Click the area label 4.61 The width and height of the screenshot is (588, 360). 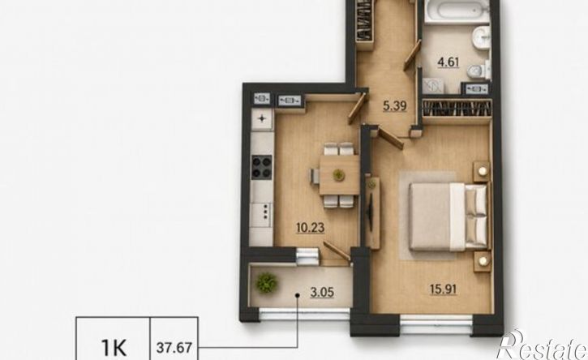(x=449, y=62)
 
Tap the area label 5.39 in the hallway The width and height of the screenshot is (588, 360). (x=394, y=106)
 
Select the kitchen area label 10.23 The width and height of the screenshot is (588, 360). (x=310, y=227)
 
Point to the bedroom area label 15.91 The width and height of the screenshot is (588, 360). (x=444, y=289)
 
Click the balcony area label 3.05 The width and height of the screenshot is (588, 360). (x=322, y=292)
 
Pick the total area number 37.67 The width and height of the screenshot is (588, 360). (x=174, y=348)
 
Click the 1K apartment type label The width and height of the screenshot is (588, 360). (x=114, y=348)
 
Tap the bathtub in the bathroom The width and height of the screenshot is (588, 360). (x=457, y=10)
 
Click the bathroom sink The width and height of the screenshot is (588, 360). (x=481, y=37)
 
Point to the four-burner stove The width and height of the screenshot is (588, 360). (x=262, y=167)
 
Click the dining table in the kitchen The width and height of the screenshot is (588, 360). (x=339, y=175)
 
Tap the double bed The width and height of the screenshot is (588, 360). (x=449, y=216)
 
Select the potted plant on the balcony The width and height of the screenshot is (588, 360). (x=267, y=282)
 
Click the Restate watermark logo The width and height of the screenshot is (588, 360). (x=542, y=345)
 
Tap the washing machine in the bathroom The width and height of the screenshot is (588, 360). (x=433, y=86)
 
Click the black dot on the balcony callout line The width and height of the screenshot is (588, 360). (x=298, y=295)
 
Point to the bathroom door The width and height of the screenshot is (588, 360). (x=413, y=55)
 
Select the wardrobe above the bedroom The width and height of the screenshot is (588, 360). (x=457, y=109)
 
